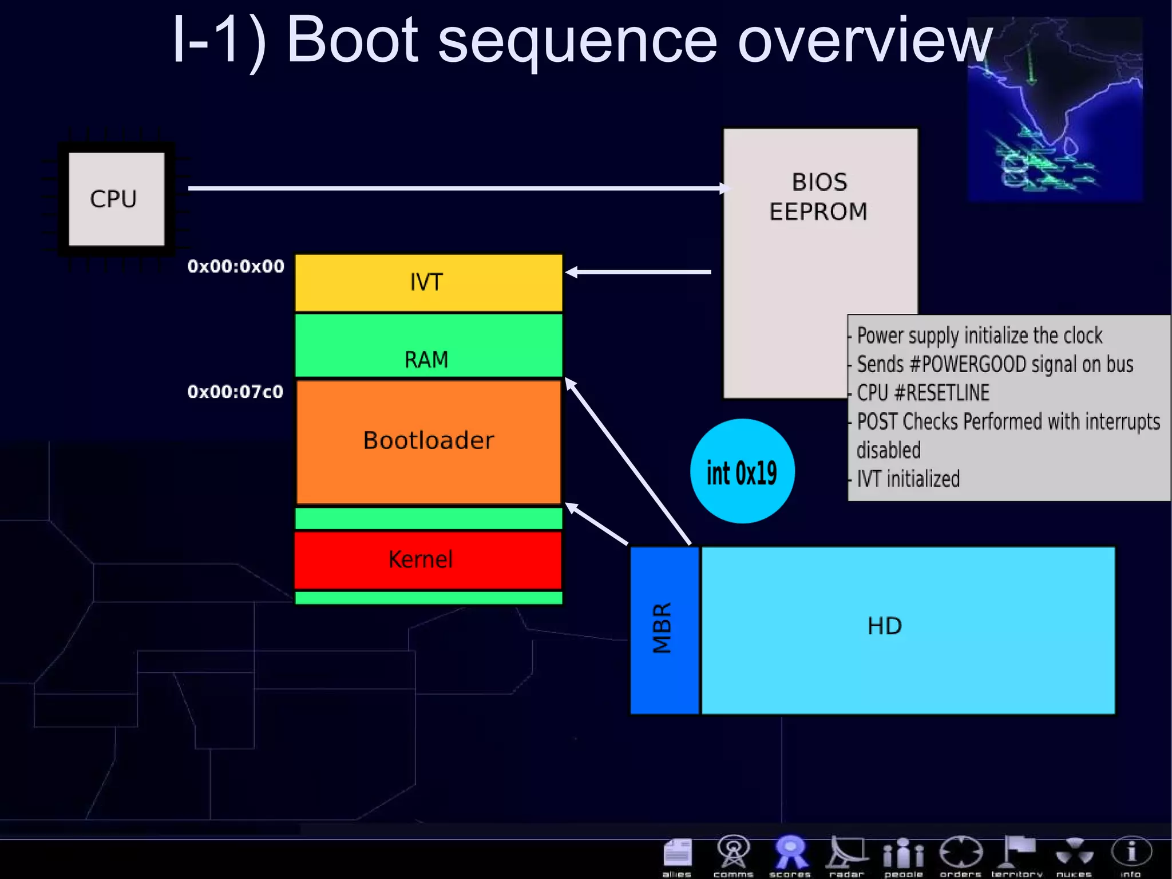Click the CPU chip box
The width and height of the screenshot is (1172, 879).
[x=116, y=199]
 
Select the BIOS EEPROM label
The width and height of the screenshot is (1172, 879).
[x=819, y=196]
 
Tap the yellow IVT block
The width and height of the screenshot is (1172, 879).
[x=428, y=282]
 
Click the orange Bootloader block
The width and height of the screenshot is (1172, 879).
[x=428, y=441]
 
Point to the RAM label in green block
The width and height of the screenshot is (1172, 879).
[x=426, y=360]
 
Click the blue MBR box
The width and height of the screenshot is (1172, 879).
[x=664, y=630]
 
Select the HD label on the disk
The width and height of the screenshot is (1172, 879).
[x=884, y=626]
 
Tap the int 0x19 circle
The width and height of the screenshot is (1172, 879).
[x=742, y=471]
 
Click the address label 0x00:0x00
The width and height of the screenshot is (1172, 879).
[x=235, y=266]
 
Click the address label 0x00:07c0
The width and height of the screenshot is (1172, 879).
[x=235, y=392]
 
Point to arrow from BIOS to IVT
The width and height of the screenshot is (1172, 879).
[x=638, y=272]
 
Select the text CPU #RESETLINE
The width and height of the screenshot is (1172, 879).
[x=922, y=393]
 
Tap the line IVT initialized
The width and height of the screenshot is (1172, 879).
[x=908, y=479]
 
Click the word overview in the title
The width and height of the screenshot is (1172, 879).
[x=864, y=40]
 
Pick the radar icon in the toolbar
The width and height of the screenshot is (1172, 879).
[x=846, y=855]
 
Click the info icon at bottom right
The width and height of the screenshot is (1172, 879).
[x=1131, y=855]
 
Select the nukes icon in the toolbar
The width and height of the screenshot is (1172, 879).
[x=1074, y=855]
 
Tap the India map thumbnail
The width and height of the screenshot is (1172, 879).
[x=1055, y=109]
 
